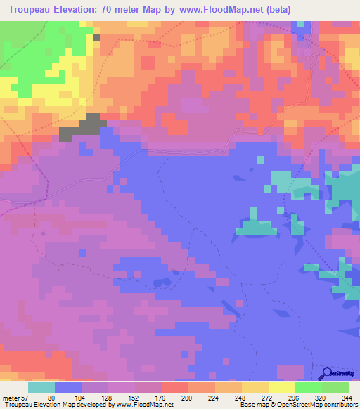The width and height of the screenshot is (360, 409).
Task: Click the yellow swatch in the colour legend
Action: click(x=282, y=388)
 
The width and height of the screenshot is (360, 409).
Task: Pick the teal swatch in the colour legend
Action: click(x=41, y=388)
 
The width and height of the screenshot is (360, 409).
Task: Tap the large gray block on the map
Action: click(x=83, y=127)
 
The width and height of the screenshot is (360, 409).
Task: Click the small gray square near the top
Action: click(x=96, y=37)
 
